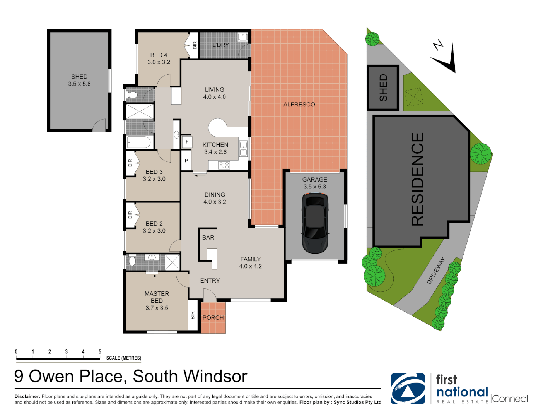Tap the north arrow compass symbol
(x=445, y=58)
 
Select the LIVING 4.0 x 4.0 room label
(x=215, y=93)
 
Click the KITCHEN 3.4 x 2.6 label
(x=215, y=148)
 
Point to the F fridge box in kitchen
(x=187, y=142)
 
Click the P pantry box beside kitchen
(x=186, y=161)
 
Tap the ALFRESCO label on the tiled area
(x=299, y=104)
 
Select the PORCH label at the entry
(x=213, y=318)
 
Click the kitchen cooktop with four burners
(x=224, y=166)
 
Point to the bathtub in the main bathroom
(x=138, y=142)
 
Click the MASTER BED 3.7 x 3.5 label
(x=157, y=301)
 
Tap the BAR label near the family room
(x=208, y=238)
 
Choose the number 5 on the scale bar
(x=100, y=352)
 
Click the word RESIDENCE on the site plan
(x=418, y=179)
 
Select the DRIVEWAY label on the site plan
(x=436, y=271)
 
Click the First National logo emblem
(x=408, y=389)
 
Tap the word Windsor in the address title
(x=215, y=377)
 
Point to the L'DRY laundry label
(x=220, y=45)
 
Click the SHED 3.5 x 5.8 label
(x=79, y=80)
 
